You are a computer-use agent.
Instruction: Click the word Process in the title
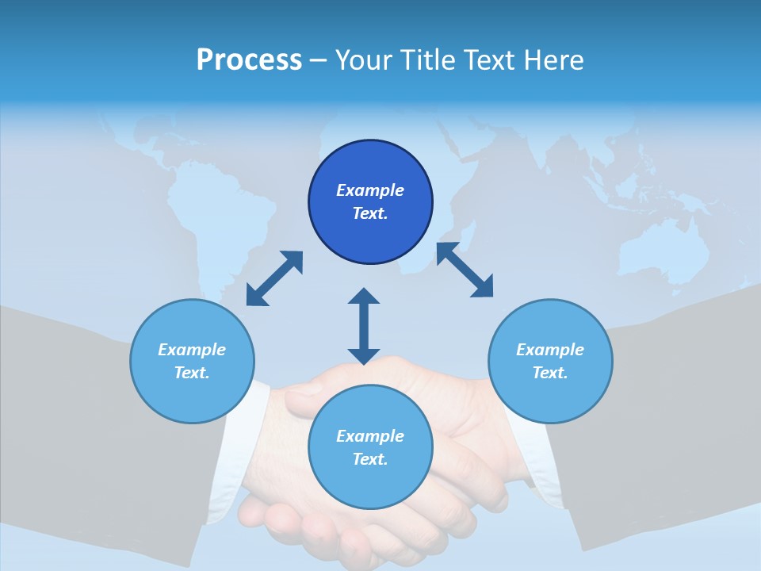[x=249, y=60]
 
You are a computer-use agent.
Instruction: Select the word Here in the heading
[x=555, y=60]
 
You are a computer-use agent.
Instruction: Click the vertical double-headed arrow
[x=364, y=326]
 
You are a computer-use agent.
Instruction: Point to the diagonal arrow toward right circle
[x=465, y=270]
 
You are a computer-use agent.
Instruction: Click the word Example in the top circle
[x=370, y=190]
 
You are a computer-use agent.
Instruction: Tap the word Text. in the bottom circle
[x=370, y=459]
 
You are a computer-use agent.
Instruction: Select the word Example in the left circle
[x=192, y=350]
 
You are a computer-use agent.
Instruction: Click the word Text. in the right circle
[x=550, y=373]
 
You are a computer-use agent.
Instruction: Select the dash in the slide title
[x=318, y=60]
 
